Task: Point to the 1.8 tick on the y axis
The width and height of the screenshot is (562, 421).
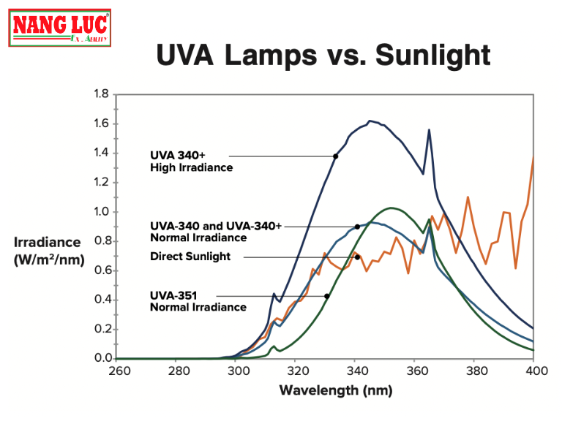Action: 101,94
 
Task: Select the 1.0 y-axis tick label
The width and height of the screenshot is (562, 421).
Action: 101,212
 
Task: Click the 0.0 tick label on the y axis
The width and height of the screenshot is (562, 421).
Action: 101,358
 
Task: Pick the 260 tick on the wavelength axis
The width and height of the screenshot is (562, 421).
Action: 119,371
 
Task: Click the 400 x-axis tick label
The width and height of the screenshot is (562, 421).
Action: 533,371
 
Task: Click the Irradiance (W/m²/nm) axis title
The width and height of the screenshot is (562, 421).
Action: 49,250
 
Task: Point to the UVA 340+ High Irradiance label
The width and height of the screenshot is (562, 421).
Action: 191,162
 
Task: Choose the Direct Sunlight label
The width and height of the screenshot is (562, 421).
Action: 190,257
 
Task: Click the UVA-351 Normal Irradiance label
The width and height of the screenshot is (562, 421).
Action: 198,301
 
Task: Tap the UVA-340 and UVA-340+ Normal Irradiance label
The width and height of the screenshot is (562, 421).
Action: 215,232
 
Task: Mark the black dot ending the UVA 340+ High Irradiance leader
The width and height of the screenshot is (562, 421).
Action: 336,156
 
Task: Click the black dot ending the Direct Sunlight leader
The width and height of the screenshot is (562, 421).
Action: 357,257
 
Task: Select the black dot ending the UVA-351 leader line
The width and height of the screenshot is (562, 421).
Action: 326,296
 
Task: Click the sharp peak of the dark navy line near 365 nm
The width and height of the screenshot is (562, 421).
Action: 429,130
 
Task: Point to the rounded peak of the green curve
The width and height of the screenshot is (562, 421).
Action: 392,208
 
